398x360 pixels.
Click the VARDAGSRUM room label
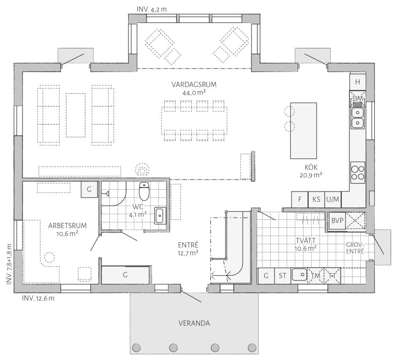coord(194,85)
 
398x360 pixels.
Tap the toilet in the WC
coord(144,191)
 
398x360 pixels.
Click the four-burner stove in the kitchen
coord(358,172)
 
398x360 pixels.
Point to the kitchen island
coord(303,130)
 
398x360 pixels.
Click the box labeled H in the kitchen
coord(357,82)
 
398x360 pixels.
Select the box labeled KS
coord(316,199)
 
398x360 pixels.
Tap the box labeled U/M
coord(333,199)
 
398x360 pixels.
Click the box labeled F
coord(299,199)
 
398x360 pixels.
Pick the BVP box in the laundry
coord(337,221)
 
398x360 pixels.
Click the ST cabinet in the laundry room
coord(282,276)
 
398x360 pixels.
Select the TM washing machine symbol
coord(315,276)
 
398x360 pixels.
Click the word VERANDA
coord(194,323)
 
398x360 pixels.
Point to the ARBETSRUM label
coord(67,225)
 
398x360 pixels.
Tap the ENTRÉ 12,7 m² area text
coord(188,249)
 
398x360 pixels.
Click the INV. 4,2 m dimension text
coord(152,10)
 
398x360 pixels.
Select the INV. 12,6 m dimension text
coord(38,298)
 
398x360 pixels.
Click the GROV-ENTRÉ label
coord(355,248)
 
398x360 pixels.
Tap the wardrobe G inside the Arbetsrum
coord(89,189)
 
